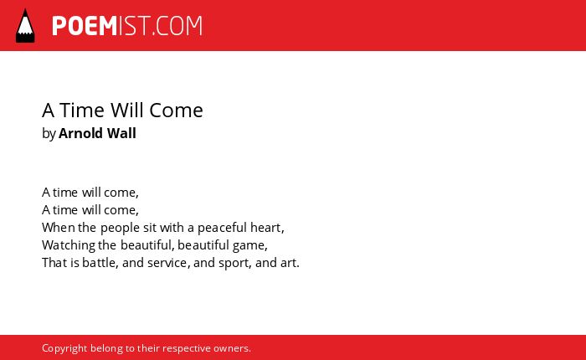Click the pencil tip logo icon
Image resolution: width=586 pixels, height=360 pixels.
[25, 26]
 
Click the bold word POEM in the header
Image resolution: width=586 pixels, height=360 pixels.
[85, 26]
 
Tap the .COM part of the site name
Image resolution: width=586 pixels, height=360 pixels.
[177, 26]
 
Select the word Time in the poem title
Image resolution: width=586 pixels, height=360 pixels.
[82, 111]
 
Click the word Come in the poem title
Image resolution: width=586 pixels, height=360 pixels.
[176, 111]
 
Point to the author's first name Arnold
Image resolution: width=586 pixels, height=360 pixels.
[80, 133]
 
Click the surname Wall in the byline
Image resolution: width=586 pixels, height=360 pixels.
[121, 133]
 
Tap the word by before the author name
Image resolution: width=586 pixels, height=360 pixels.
[49, 134]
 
